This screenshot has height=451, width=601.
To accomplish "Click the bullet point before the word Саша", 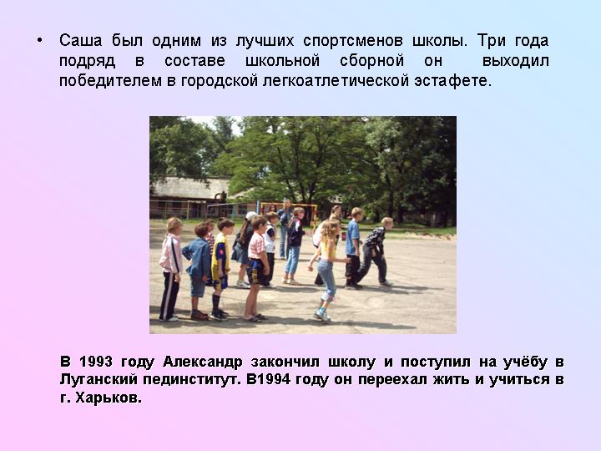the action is tap(39, 41).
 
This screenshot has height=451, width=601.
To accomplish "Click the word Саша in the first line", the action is tap(81, 41).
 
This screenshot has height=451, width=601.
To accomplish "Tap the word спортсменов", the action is tap(352, 41).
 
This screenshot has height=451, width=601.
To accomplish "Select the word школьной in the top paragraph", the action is tap(282, 61).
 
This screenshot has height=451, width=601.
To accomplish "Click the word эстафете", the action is tap(452, 81).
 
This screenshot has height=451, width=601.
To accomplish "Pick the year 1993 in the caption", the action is tap(96, 362).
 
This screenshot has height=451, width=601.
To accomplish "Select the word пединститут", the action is tap(190, 380).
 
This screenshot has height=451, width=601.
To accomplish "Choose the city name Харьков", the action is tap(109, 398).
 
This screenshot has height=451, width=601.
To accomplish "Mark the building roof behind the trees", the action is tap(190, 188).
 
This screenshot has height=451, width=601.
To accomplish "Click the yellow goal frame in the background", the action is tap(290, 210).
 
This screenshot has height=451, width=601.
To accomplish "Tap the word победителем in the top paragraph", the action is tap(110, 81).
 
